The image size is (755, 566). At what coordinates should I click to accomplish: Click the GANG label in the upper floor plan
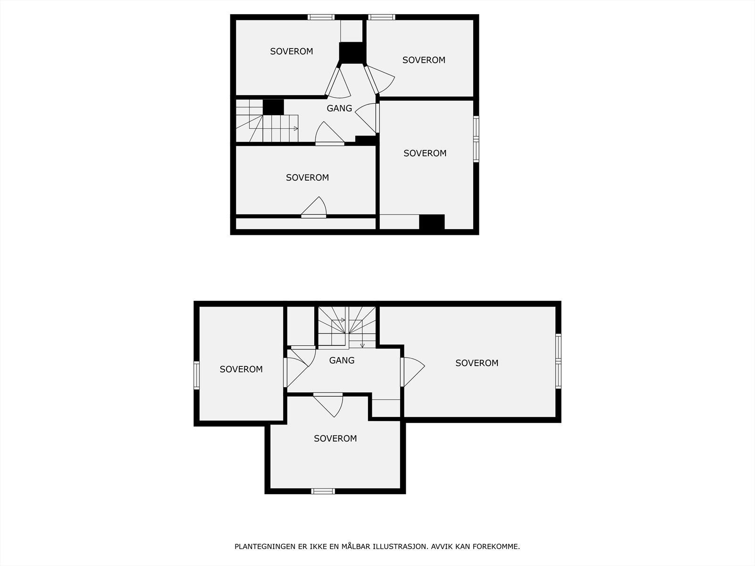click(x=339, y=108)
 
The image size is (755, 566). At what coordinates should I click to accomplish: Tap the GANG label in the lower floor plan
click(x=342, y=360)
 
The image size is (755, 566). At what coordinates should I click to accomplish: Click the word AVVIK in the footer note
click(x=444, y=547)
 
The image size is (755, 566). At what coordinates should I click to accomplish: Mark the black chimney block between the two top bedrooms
click(x=352, y=52)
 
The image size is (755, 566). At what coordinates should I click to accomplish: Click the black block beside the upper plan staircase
click(x=273, y=107)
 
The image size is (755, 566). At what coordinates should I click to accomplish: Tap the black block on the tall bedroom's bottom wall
click(x=432, y=223)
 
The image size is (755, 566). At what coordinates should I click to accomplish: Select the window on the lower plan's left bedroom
click(x=197, y=375)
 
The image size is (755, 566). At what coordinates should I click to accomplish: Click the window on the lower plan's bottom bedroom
click(x=323, y=491)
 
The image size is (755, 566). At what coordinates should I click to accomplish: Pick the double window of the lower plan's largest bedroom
click(x=558, y=361)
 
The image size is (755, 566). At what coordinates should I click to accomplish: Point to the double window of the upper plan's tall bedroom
click(x=476, y=139)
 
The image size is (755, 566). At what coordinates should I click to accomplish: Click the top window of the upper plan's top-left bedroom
click(x=322, y=17)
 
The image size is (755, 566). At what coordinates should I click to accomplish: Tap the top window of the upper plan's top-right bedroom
click(x=382, y=17)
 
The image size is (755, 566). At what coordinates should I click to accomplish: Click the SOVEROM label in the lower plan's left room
click(x=241, y=369)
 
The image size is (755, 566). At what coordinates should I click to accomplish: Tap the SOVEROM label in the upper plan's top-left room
click(x=292, y=51)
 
